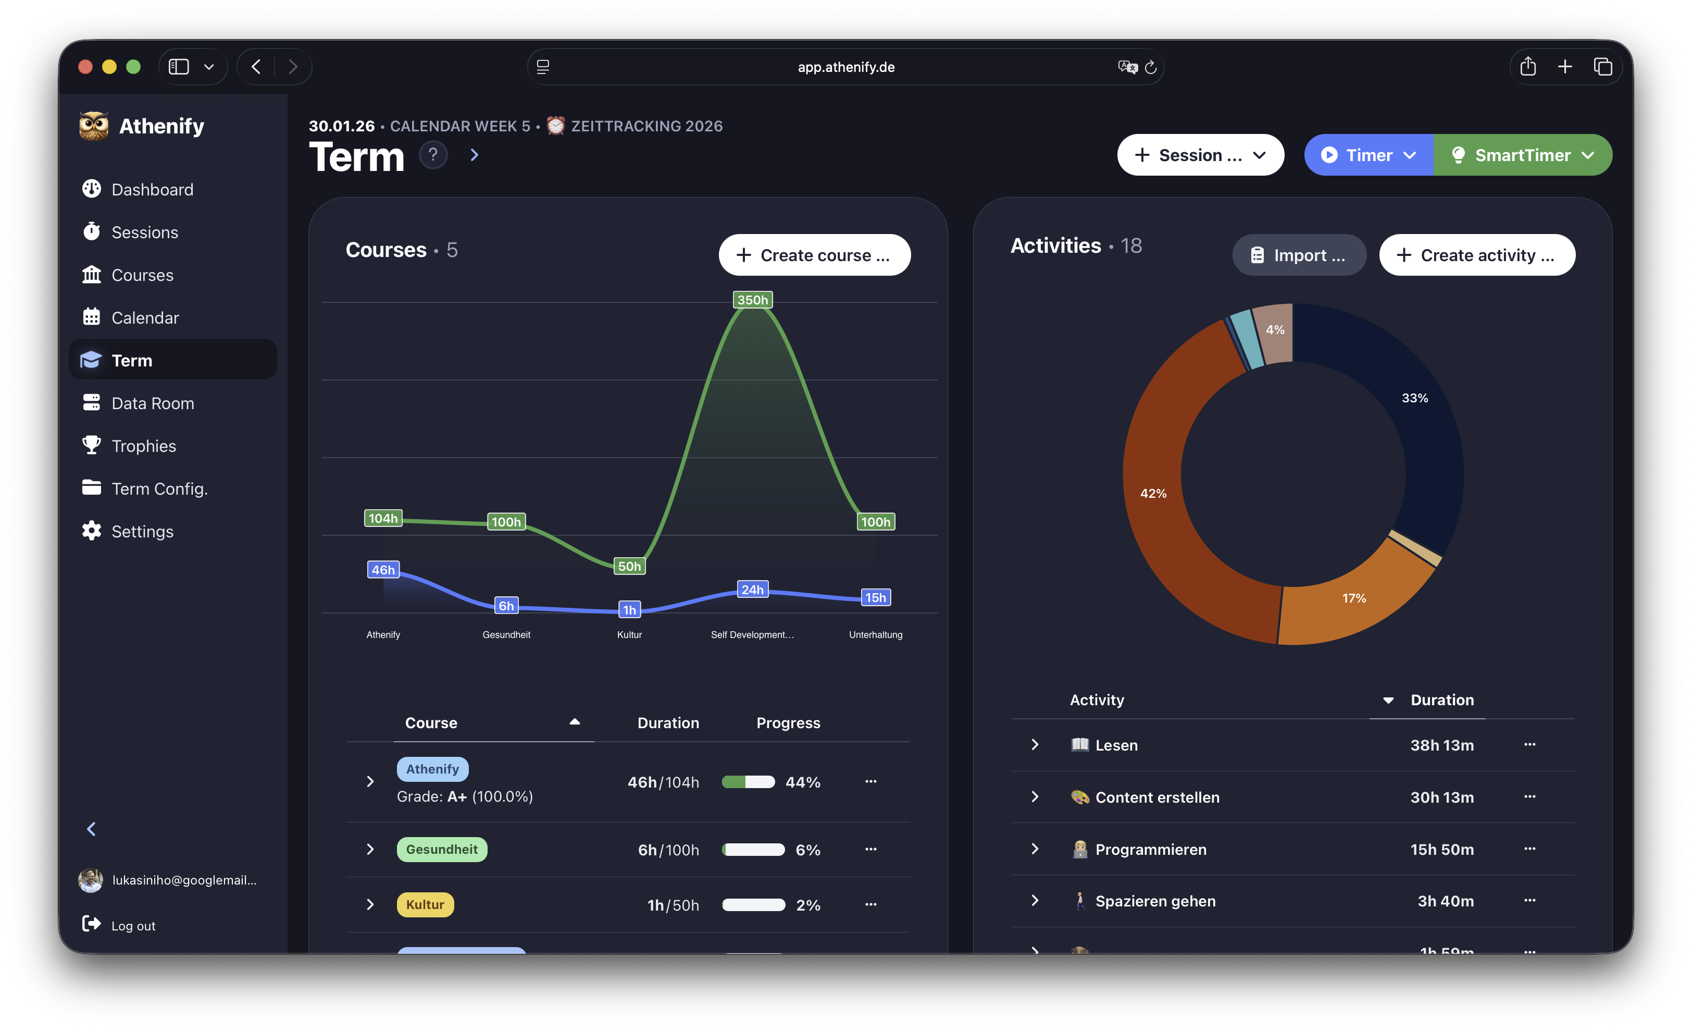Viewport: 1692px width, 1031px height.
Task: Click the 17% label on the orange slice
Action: pyautogui.click(x=1353, y=598)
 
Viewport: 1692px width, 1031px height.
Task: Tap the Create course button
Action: pyautogui.click(x=814, y=255)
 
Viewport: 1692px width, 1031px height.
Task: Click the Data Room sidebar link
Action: pyautogui.click(x=153, y=403)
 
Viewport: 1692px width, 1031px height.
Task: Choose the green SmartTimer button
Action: pyautogui.click(x=1522, y=155)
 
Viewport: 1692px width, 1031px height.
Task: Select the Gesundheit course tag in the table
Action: pyautogui.click(x=442, y=849)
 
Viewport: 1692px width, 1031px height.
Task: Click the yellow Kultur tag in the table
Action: pyautogui.click(x=425, y=905)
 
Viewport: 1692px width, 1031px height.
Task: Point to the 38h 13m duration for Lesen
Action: pyautogui.click(x=1441, y=745)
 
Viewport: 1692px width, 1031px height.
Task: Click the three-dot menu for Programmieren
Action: pyautogui.click(x=1529, y=849)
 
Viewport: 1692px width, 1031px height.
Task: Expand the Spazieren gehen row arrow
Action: pyautogui.click(x=1035, y=901)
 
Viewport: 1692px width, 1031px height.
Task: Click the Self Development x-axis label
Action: pyautogui.click(x=752, y=635)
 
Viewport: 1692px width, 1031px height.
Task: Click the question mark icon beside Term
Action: pyautogui.click(x=432, y=155)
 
